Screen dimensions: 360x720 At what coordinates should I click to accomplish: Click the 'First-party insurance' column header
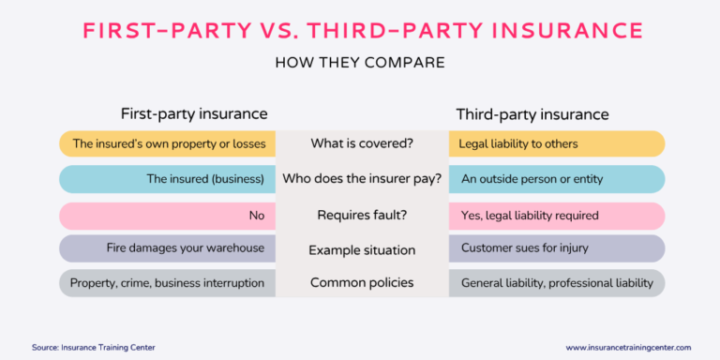coord(194,114)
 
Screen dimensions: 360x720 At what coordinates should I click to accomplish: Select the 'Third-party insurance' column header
coord(532,114)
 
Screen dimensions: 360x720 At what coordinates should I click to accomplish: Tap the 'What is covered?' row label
coord(362,144)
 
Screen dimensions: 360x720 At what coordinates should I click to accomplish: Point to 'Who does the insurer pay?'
coord(362,179)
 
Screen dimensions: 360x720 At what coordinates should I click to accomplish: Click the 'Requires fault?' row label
coord(362,215)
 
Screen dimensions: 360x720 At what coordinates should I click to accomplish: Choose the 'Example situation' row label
coord(362,250)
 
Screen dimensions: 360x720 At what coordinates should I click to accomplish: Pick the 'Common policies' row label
coord(362,283)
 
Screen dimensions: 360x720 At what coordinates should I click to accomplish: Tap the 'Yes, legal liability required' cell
coord(530,215)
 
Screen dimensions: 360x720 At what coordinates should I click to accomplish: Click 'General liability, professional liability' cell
coord(557,283)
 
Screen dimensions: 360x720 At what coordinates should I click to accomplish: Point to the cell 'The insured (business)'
coord(205,179)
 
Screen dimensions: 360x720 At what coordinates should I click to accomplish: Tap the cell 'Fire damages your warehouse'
coord(186,248)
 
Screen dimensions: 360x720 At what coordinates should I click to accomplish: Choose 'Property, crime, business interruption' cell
coord(167,283)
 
